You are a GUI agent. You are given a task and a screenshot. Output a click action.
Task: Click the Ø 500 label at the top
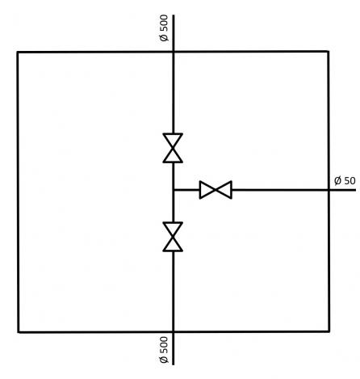coord(164,28)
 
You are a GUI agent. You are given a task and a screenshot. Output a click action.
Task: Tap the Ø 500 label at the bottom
coord(164,350)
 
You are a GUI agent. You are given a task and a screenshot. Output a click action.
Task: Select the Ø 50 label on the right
coord(345,180)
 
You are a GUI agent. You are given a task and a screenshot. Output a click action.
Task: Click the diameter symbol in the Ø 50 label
coord(337,180)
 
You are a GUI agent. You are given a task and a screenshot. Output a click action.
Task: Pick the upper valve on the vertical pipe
coord(173,148)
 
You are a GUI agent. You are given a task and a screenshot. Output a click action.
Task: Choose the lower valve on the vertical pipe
coord(173,237)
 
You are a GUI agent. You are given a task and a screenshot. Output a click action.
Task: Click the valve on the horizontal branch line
coord(216,190)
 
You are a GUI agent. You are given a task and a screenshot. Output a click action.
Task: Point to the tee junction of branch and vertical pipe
coord(174,190)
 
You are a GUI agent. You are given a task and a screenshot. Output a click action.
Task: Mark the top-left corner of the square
coord(18,52)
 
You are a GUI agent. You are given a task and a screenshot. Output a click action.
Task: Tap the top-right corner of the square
coord(328,51)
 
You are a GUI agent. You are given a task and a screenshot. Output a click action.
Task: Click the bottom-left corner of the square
coord(19,332)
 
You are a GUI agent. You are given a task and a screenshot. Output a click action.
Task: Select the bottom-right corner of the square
coord(329,331)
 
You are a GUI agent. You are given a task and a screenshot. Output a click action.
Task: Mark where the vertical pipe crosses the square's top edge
coord(174,52)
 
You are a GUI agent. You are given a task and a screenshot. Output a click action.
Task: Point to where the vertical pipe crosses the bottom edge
coord(174,331)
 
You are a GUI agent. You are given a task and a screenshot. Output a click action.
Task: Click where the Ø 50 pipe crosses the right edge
coord(329,190)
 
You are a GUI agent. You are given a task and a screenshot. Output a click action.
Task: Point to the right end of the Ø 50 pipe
coord(356,190)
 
